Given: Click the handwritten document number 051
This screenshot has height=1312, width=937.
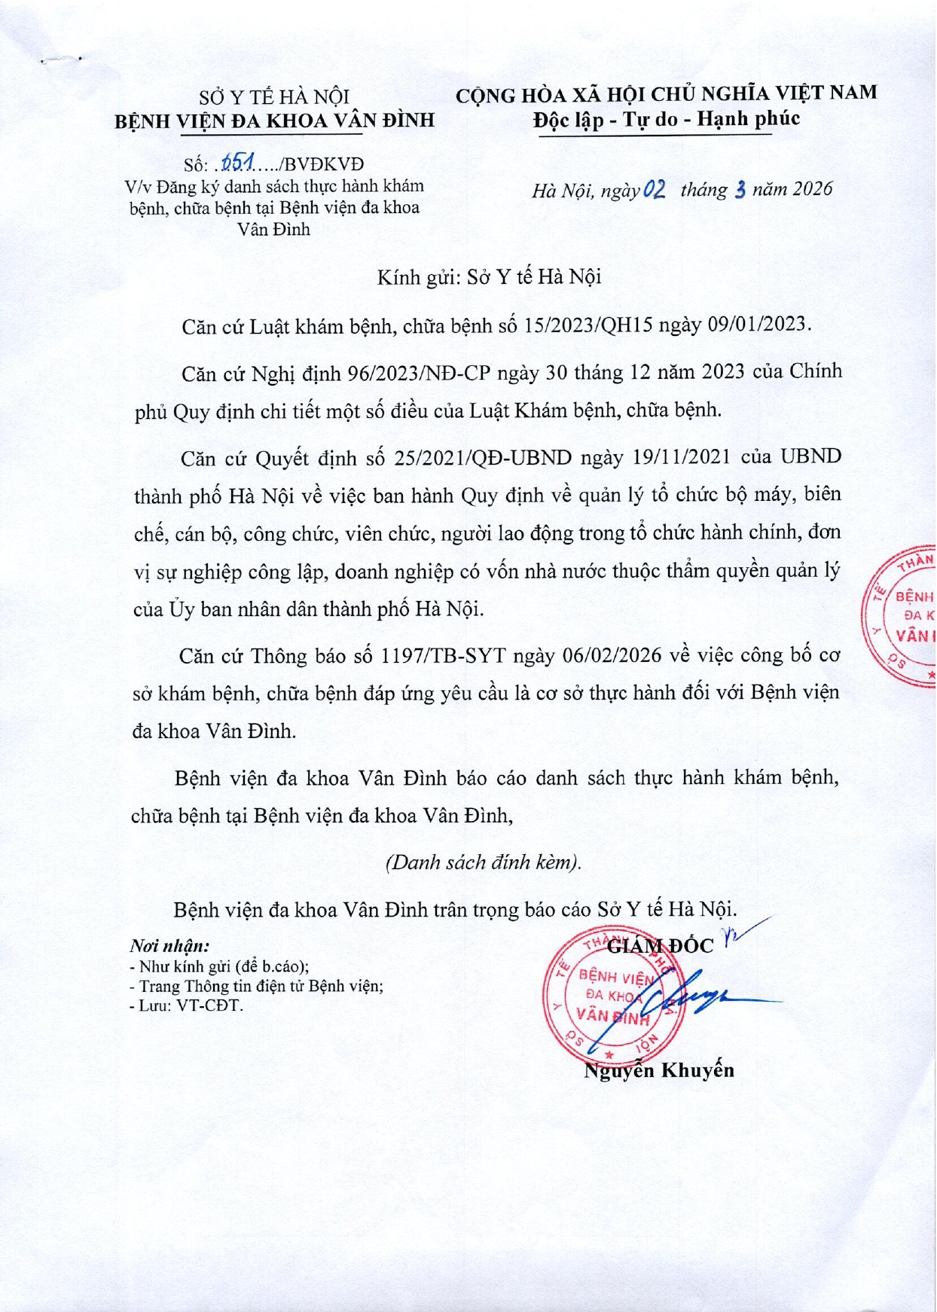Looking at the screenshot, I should coord(239,163).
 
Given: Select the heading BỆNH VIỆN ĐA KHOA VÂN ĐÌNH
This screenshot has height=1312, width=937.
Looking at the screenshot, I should coord(274,121).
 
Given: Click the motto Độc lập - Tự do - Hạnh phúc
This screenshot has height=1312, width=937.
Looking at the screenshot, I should coord(666,119).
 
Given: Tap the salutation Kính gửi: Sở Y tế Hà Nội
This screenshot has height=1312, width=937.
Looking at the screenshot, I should coord(489,278).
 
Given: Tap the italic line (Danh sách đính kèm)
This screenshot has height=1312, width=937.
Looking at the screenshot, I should coord(483,862).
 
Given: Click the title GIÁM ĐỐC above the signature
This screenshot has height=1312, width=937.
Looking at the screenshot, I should coord(660,946).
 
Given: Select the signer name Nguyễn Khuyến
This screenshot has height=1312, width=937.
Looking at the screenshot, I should coord(659,1069).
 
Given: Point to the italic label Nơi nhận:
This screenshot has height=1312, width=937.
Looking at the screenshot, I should coord(169,946).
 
